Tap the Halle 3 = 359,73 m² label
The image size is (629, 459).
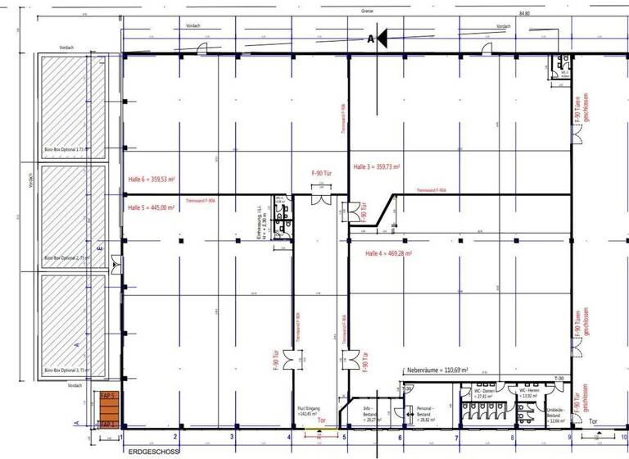click(377, 166)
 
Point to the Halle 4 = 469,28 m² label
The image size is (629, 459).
click(388, 254)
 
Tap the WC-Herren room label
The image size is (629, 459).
click(528, 393)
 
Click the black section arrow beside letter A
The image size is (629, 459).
click(386, 39)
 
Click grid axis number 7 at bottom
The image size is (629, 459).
click(456, 439)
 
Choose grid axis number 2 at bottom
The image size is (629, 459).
click(164, 439)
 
